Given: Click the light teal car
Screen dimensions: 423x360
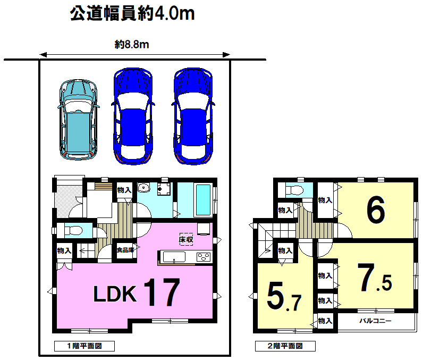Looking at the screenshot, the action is pyautogui.click(x=78, y=120).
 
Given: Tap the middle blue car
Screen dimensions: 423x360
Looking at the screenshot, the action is pyautogui.click(x=133, y=116).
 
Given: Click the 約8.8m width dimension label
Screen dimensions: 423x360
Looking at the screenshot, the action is pyautogui.click(x=132, y=45).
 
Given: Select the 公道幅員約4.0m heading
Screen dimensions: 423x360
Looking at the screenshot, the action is pyautogui.click(x=132, y=13).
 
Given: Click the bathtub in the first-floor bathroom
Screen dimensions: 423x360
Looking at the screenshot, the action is pyautogui.click(x=203, y=200).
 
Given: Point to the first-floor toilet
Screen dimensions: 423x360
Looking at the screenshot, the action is pyautogui.click(x=73, y=231).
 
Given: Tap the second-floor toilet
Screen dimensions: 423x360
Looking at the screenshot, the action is pyautogui.click(x=294, y=190).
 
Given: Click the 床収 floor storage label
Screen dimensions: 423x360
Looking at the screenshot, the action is pyautogui.click(x=186, y=239).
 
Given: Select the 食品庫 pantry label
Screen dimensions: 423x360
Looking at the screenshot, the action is pyautogui.click(x=125, y=250).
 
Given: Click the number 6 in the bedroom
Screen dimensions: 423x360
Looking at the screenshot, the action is pyautogui.click(x=376, y=210).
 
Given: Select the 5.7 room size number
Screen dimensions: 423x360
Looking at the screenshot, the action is pyautogui.click(x=284, y=296).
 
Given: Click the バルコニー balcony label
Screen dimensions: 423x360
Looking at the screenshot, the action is pyautogui.click(x=375, y=321).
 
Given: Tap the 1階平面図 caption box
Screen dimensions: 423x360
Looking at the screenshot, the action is pyautogui.click(x=84, y=346).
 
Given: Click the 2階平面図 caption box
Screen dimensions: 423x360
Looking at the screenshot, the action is pyautogui.click(x=285, y=346).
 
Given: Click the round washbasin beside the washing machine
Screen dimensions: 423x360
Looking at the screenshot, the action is pyautogui.click(x=144, y=188).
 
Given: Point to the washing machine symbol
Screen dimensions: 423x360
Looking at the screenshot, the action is pyautogui.click(x=164, y=189).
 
